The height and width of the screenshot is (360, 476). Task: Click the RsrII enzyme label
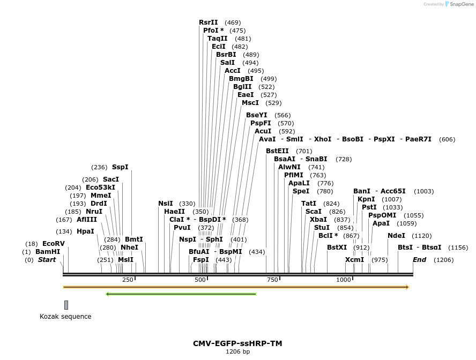[208, 22]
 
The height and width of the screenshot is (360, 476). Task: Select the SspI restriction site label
[120, 167]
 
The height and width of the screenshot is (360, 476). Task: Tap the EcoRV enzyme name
[54, 244]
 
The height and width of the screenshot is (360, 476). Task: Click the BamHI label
[48, 252]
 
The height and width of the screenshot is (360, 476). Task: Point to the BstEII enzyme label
[278, 151]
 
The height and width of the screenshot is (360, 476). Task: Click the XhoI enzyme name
[323, 139]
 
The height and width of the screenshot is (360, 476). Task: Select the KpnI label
[366, 199]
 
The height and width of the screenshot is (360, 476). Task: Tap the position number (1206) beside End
[443, 260]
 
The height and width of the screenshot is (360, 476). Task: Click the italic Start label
[47, 260]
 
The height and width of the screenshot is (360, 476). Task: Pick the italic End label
[419, 260]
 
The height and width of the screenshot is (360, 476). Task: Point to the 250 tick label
[128, 280]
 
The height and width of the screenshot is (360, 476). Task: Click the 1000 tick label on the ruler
[344, 280]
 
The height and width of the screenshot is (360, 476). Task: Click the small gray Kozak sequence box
[66, 305]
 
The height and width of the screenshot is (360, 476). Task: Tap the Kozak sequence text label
[65, 317]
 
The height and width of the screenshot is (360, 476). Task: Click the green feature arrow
[181, 294]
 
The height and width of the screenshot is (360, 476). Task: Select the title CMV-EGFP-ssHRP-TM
[237, 343]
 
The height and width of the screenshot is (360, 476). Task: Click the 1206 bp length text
[237, 352]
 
